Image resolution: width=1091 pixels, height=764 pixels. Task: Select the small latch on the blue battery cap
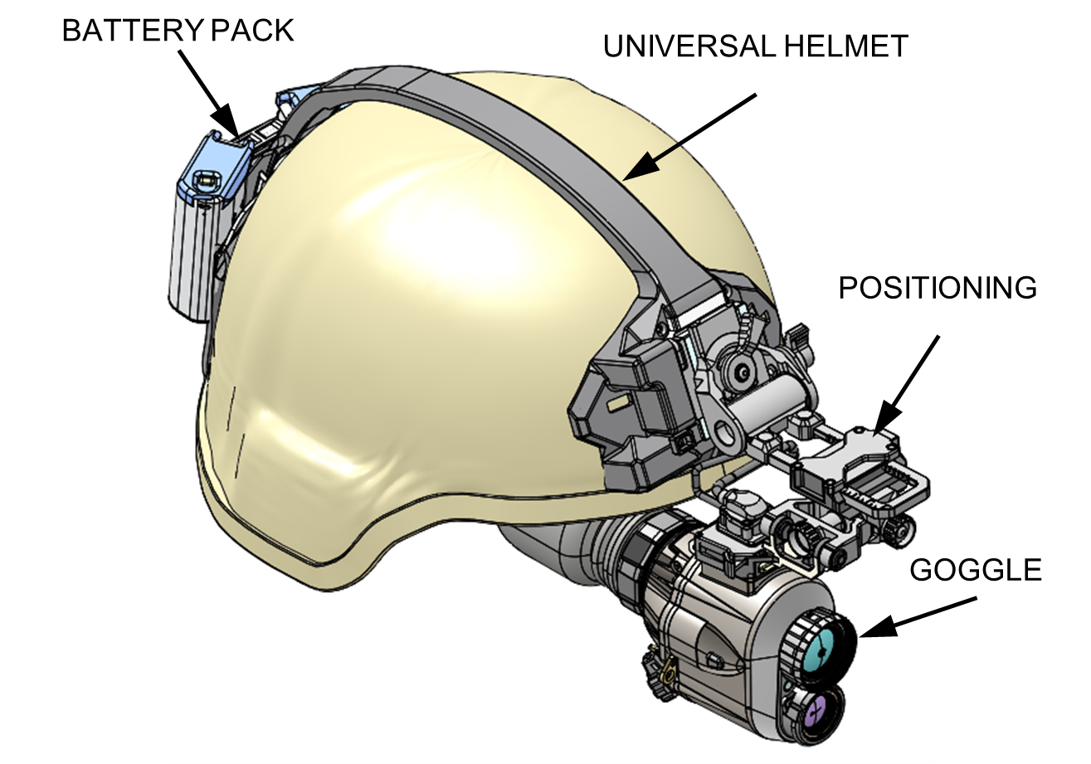pyautogui.click(x=204, y=178)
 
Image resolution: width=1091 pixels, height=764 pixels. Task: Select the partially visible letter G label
pyautogui.click(x=922, y=571)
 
